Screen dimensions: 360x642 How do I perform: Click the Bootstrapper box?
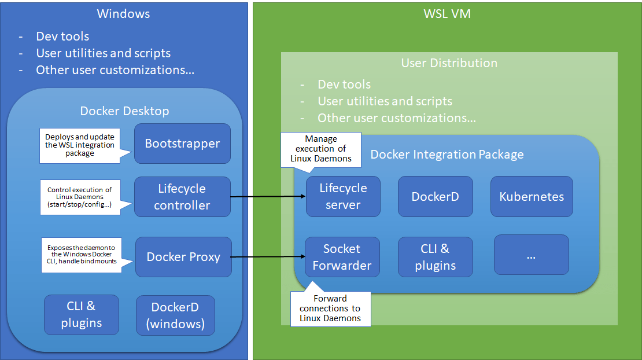182,144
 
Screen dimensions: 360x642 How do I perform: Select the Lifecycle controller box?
182,197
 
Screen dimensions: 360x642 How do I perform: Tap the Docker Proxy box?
183,257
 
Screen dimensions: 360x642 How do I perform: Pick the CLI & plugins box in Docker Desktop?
82,314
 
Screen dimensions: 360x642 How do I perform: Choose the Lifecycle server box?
343,196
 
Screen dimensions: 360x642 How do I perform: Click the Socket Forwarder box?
342,257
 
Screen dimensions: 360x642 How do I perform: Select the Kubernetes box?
532,196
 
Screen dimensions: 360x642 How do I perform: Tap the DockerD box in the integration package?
435,196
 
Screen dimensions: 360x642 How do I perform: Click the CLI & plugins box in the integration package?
435,257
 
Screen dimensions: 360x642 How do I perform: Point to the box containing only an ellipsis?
531,255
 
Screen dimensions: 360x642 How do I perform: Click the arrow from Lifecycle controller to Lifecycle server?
267,197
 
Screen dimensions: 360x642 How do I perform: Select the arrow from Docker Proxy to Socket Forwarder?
267,257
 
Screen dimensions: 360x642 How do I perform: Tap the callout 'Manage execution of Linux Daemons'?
320,149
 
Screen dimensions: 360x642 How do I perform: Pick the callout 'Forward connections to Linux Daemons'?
330,308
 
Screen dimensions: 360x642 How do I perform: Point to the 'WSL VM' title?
447,13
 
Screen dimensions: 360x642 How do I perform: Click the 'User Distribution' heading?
449,63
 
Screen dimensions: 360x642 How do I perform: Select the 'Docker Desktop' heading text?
124,111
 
